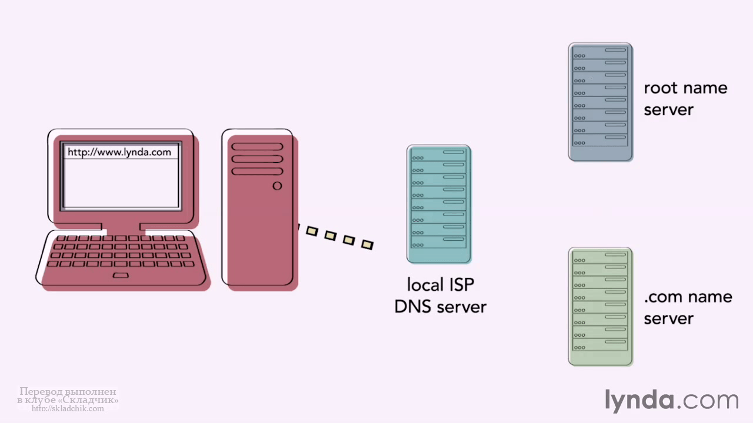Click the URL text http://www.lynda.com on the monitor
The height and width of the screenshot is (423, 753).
tap(119, 152)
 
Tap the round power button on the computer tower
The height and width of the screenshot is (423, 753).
tap(277, 186)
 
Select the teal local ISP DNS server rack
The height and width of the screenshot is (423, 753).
tap(439, 204)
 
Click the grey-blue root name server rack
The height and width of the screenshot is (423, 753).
tap(601, 102)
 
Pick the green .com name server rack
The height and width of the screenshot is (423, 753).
tap(601, 307)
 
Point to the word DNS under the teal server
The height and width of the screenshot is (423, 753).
tap(413, 307)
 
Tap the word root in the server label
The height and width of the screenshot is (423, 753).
tap(660, 88)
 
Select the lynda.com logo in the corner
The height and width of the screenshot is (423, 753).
tap(671, 400)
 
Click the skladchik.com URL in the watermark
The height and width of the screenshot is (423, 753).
tap(68, 408)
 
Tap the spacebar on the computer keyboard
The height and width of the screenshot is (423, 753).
tap(121, 276)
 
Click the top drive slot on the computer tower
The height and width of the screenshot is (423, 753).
tap(257, 147)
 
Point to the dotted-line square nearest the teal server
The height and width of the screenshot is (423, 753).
tap(367, 244)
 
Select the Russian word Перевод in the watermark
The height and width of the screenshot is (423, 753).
tap(41, 391)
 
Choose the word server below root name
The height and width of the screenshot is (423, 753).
tap(669, 110)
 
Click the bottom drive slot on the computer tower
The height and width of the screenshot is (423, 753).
tap(257, 172)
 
